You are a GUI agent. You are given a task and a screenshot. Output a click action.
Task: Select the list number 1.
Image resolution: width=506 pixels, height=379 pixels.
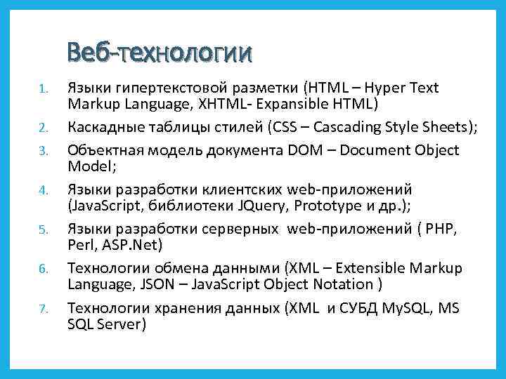click(42, 89)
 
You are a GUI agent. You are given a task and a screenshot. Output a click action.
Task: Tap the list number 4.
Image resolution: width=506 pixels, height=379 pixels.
click(42, 190)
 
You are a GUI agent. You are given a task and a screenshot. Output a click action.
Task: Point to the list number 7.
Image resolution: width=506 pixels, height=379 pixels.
click(42, 310)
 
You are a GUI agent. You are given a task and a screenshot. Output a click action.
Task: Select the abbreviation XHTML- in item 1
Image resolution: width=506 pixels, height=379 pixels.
click(232, 105)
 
